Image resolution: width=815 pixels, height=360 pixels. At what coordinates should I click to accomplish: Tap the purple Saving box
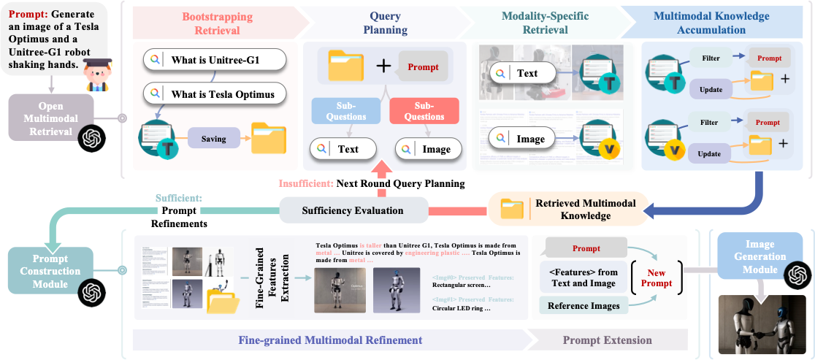coord(214,139)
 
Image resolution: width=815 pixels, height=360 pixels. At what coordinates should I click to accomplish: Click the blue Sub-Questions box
coord(345,110)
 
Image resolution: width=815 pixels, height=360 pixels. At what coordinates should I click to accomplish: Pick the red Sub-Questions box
coord(424,110)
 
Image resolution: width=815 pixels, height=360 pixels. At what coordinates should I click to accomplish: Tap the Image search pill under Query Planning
coord(426,150)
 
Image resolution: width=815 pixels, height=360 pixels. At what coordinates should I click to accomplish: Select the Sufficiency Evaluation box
coord(353,210)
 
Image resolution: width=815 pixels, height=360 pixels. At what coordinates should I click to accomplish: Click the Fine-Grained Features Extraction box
coord(272,277)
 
